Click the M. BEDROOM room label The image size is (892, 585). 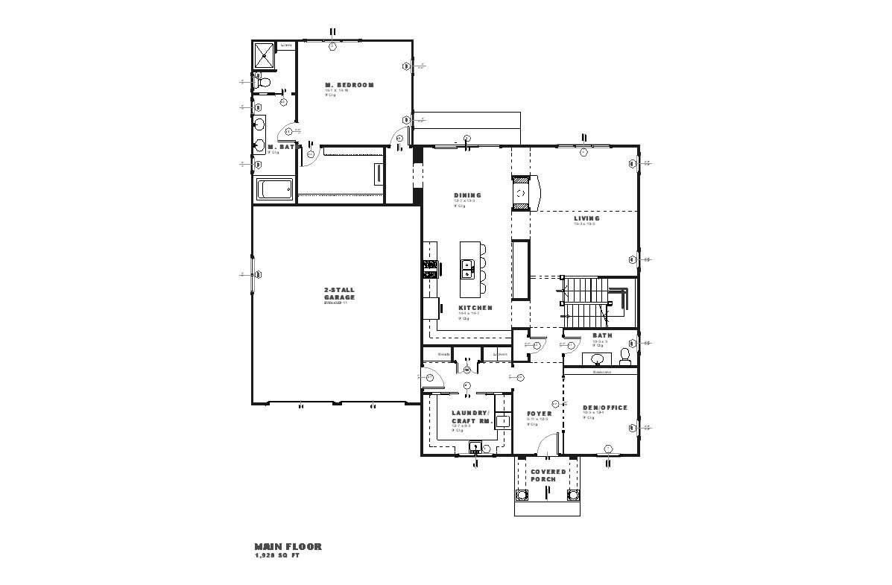[x=349, y=85]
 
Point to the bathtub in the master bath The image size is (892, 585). [x=275, y=189]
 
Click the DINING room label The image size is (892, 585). [x=467, y=195]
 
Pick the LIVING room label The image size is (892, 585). [x=586, y=218]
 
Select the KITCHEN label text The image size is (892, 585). [x=475, y=308]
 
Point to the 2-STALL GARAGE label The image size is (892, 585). [x=339, y=293]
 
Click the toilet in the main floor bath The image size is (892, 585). [x=624, y=356]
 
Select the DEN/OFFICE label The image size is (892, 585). [x=604, y=408]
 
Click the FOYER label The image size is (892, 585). [x=539, y=414]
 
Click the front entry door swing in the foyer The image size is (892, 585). [x=544, y=445]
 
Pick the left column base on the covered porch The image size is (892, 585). [x=522, y=494]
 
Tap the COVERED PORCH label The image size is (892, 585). [x=548, y=475]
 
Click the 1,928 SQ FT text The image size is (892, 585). [x=276, y=556]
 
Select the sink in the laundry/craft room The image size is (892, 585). [x=475, y=447]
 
